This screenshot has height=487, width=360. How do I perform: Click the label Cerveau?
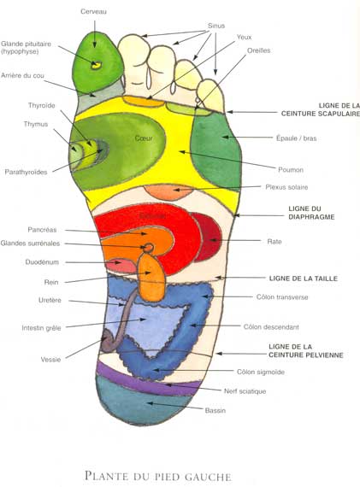pyautogui.click(x=94, y=12)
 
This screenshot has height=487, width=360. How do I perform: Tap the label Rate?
pyautogui.click(x=274, y=241)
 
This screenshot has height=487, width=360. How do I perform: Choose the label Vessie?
pyautogui.click(x=50, y=360)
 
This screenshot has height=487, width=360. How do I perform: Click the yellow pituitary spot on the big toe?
pyautogui.click(x=96, y=66)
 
